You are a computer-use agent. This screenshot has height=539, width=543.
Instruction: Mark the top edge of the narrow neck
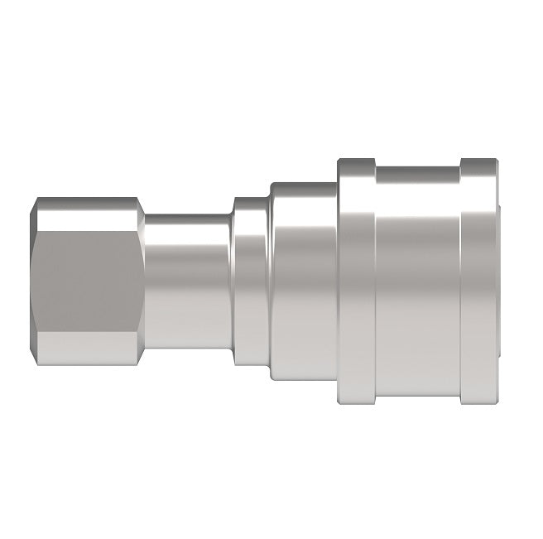(x=189, y=216)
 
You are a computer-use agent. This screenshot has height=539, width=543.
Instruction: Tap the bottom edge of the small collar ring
(x=250, y=365)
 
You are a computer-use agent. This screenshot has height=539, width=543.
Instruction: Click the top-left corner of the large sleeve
(x=339, y=159)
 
